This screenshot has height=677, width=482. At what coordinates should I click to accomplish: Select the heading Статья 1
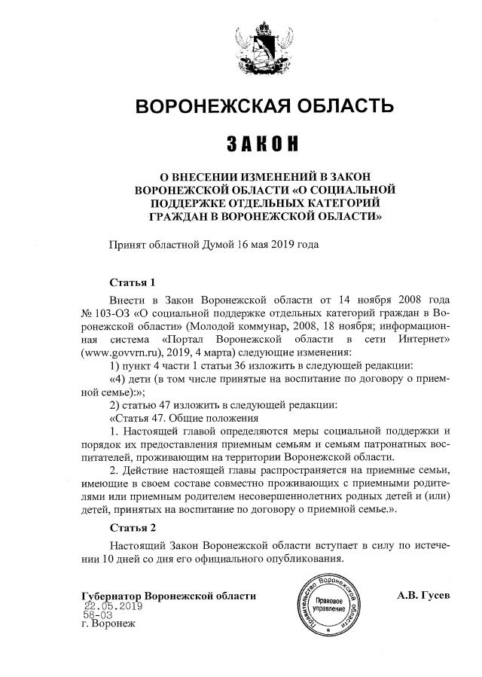point(132,283)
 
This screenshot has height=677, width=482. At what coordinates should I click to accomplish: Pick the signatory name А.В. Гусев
point(423,595)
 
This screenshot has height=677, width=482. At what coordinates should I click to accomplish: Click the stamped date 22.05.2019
point(113,605)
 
